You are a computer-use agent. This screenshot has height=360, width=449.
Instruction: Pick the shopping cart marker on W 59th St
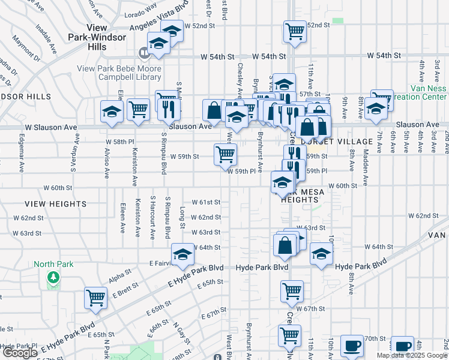(x=225, y=154)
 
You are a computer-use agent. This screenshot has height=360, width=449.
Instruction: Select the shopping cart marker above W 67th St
(x=292, y=291)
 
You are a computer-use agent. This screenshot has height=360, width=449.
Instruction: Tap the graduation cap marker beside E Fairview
(x=182, y=254)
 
